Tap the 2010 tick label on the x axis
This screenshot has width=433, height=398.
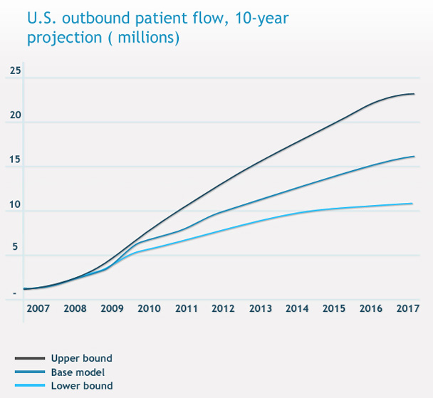(149, 310)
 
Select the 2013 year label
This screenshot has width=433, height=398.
(260, 310)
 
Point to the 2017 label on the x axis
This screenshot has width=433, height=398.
(407, 310)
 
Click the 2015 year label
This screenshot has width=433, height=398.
(334, 310)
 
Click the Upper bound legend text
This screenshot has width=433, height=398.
(81, 359)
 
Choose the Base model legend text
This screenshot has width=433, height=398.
(78, 372)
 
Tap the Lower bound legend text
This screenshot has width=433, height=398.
(81, 386)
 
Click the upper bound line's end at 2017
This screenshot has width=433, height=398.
(414, 94)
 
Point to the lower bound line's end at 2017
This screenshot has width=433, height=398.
(413, 204)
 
